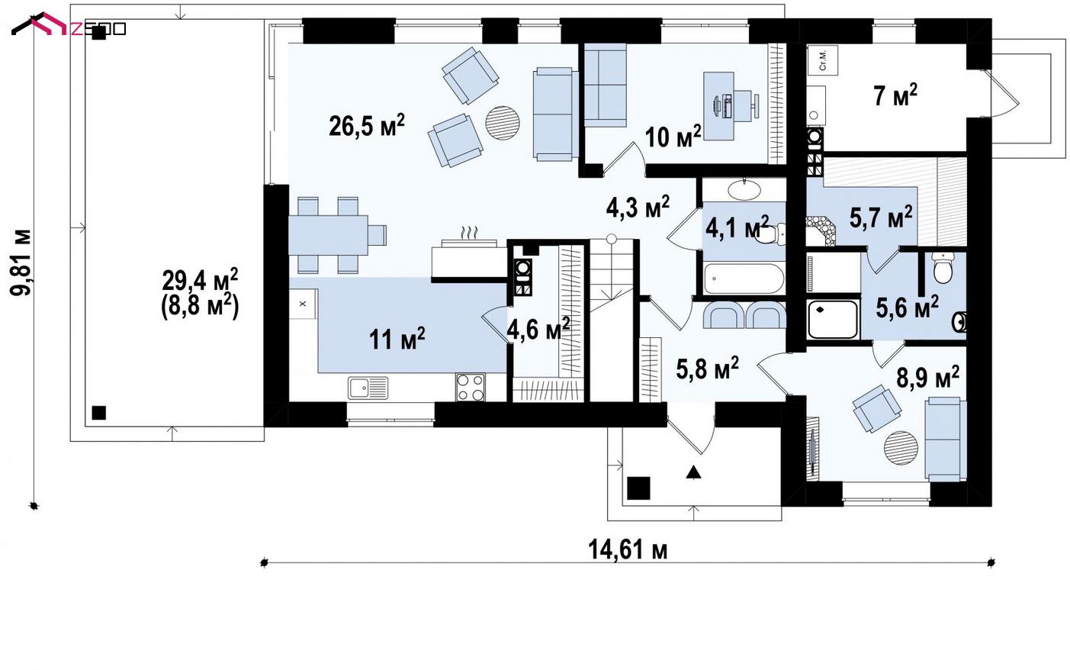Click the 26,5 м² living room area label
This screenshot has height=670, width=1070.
(367, 126)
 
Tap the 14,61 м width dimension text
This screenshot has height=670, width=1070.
(628, 549)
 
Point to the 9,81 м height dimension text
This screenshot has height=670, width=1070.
(21, 263)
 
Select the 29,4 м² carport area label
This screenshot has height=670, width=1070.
(200, 280)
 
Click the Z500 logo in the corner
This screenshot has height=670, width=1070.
(69, 26)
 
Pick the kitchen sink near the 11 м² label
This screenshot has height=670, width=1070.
(368, 388)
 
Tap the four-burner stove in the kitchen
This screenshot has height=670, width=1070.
(470, 387)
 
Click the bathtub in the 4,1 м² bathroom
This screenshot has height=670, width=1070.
(744, 278)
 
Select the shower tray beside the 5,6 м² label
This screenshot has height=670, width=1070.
(831, 320)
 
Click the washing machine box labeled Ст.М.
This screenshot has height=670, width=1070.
(823, 60)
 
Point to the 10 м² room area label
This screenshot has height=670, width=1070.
(673, 137)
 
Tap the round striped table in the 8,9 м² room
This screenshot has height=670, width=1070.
(901, 447)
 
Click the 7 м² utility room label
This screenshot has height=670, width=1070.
(895, 95)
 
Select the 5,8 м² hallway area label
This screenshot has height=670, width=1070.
(708, 368)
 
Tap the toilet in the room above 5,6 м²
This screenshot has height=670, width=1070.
(943, 268)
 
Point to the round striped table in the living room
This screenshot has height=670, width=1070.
(502, 123)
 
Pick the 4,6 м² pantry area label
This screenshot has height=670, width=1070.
(538, 329)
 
